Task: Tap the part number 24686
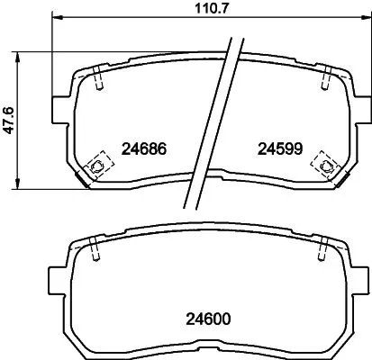click(145, 148)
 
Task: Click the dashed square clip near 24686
click(95, 165)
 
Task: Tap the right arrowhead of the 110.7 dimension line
click(359, 20)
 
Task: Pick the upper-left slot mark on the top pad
click(98, 80)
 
